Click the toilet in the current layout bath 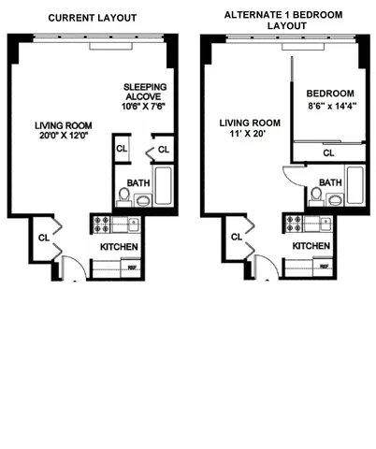click(123, 196)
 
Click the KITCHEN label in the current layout click(120, 246)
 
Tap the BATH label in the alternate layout click(329, 181)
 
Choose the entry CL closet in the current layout click(43, 238)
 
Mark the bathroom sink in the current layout click(142, 199)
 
